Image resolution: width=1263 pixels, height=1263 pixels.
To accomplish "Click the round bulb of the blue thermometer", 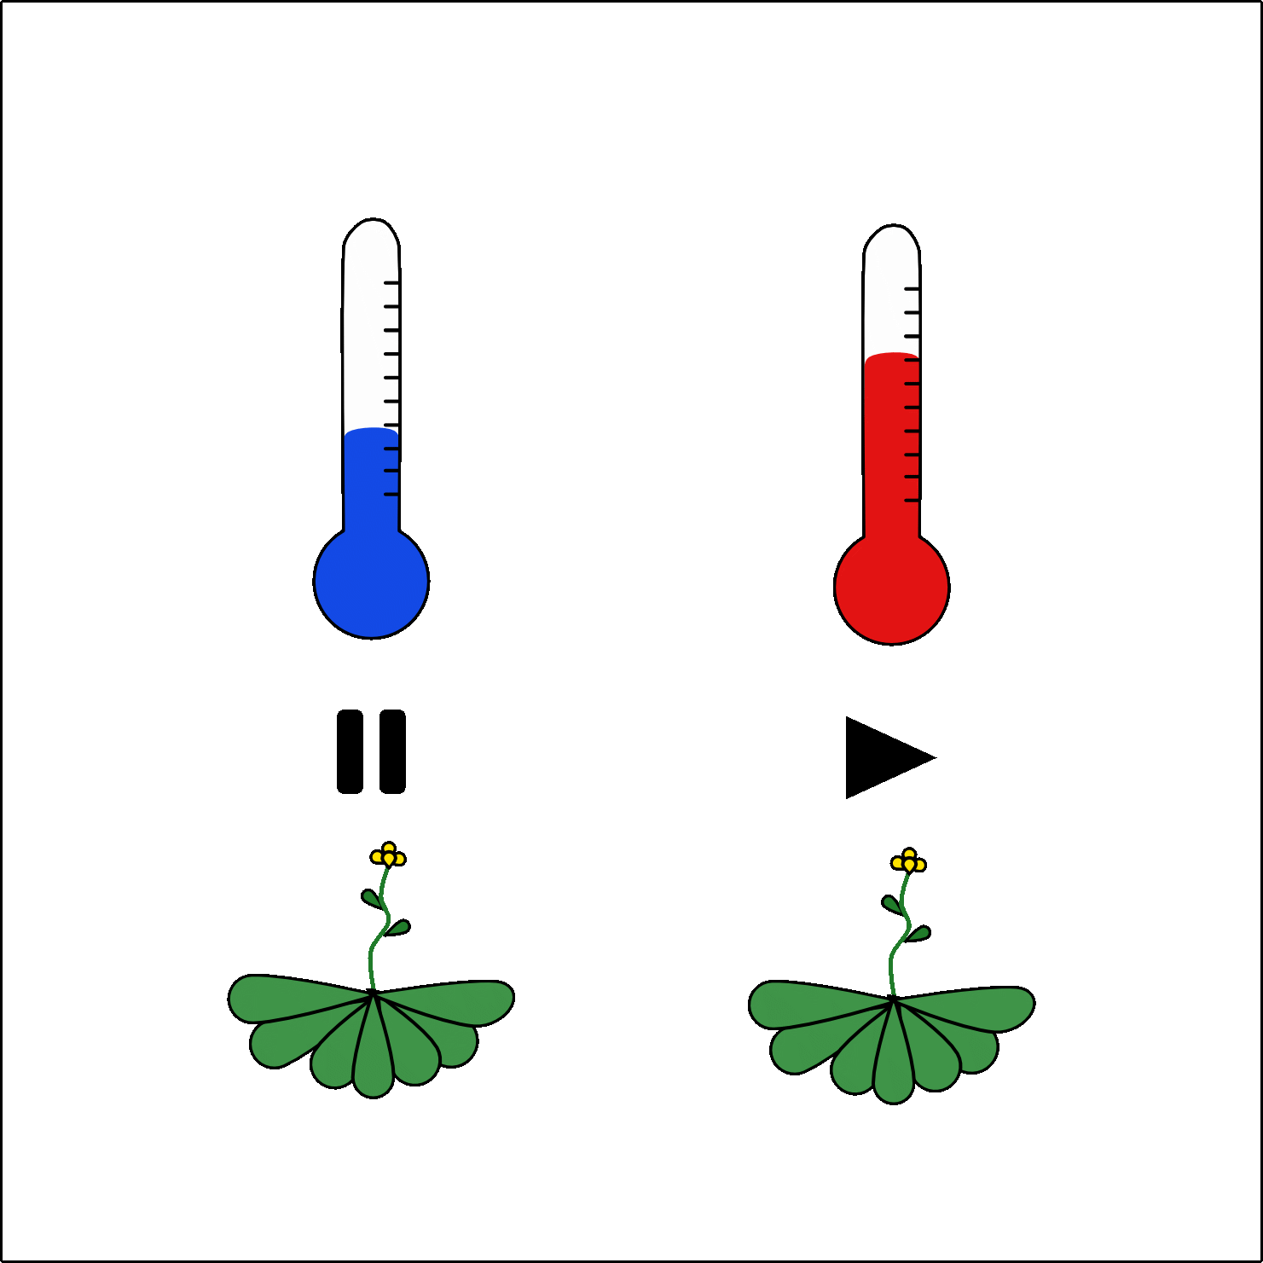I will point(371,582).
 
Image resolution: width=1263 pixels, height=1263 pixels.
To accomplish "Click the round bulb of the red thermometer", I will point(891,588).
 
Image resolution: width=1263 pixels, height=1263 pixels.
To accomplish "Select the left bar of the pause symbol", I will point(351,751).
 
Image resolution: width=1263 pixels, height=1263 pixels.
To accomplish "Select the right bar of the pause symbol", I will point(392,751).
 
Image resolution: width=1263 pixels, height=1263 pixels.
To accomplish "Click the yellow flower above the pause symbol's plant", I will point(388,855).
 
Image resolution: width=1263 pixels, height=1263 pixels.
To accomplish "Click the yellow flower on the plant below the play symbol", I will point(908,861).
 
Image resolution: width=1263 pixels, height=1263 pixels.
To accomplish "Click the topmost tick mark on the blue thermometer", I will point(391,282).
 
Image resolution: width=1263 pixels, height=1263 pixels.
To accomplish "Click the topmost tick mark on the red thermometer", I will point(912,289).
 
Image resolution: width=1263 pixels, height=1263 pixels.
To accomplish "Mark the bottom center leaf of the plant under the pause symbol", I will point(373,1066).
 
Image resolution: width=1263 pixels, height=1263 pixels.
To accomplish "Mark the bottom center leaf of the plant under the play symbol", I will point(893,1073).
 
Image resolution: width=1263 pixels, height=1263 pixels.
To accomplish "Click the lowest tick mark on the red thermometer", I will point(912,500).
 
